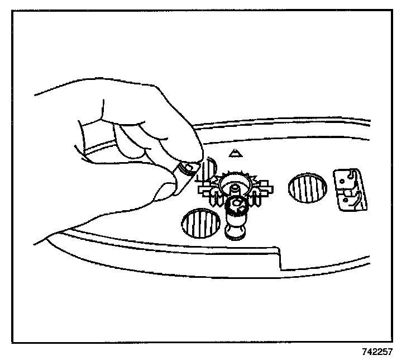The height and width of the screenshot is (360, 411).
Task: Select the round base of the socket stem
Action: coord(236,230)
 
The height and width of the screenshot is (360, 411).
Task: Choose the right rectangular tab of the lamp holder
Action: coord(263,187)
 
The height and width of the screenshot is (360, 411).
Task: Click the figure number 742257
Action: coord(377,352)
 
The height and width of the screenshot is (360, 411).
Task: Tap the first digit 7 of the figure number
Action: coord(364,352)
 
